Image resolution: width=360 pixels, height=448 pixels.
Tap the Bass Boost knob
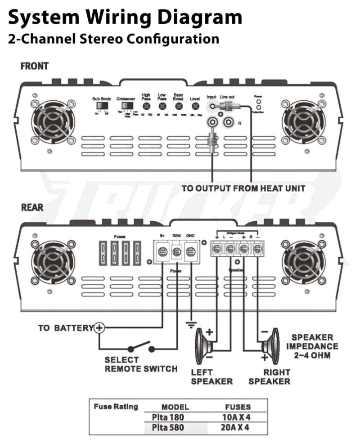coord(179,107)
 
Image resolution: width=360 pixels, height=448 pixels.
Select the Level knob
coord(195,107)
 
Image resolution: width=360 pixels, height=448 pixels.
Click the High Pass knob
coord(146,107)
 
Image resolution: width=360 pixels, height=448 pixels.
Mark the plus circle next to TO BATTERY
coord(99,328)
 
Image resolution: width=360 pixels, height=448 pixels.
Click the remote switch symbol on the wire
coord(141,348)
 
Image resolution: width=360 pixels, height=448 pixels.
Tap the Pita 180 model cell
coord(168,417)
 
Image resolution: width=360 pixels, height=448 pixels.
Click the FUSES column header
coord(238,407)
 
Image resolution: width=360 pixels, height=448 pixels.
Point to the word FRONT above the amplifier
coord(35,66)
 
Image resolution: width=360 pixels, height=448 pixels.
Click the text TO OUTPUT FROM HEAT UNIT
coord(243,188)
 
